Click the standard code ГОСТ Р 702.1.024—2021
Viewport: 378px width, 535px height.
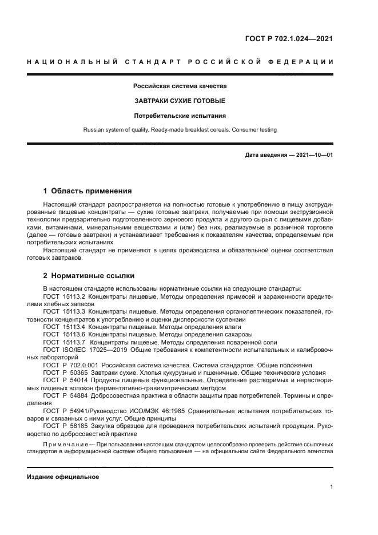coord(289,39)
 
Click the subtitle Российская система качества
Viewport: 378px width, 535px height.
coord(180,86)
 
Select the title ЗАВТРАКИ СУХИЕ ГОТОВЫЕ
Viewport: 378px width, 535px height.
coord(180,101)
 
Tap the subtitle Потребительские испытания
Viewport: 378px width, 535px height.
coord(180,115)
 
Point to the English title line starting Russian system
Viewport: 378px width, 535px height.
coord(180,130)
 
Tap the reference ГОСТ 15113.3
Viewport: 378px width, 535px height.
coord(64,311)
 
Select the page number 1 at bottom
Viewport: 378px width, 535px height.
coord(331,487)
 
